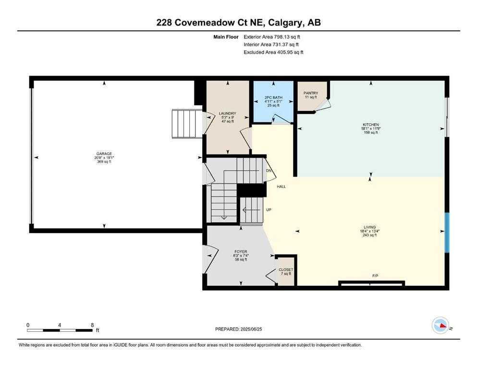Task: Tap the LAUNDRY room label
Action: [x=227, y=113]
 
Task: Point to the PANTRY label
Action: [x=311, y=93]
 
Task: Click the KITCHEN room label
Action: [x=370, y=124]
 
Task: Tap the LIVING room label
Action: [x=369, y=227]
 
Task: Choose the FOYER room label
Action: [x=240, y=251]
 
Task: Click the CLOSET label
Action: [x=286, y=270]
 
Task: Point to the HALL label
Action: [x=281, y=186]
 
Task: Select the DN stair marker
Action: [x=269, y=171]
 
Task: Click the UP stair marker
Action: [x=269, y=210]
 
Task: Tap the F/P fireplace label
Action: [x=376, y=276]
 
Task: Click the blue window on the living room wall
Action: [x=447, y=233]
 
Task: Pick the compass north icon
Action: [x=440, y=326]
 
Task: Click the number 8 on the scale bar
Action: [x=92, y=325]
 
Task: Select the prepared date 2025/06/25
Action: [x=240, y=329]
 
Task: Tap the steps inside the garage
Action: [x=188, y=123]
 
